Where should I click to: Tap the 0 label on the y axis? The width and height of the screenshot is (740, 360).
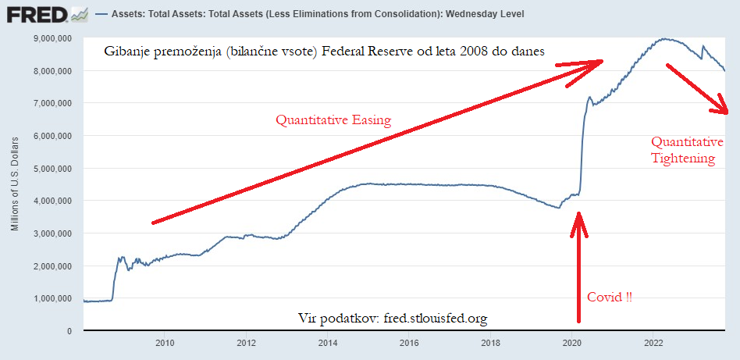pos(70,331)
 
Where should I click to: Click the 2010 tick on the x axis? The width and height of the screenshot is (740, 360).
pos(165,342)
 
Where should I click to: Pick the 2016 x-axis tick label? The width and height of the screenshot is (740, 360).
pos(409,342)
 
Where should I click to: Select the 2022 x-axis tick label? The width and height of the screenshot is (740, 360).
pos(653,342)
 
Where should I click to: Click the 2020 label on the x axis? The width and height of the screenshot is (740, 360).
pos(571,342)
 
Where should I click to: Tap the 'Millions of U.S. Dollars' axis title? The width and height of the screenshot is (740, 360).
pos(15,184)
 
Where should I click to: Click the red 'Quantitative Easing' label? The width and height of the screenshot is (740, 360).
pos(333,120)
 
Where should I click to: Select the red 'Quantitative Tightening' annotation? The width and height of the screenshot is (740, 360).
pos(683,150)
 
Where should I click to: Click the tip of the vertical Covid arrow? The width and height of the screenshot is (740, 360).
pos(578,213)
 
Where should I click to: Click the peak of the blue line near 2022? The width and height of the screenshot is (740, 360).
pos(664,38)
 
